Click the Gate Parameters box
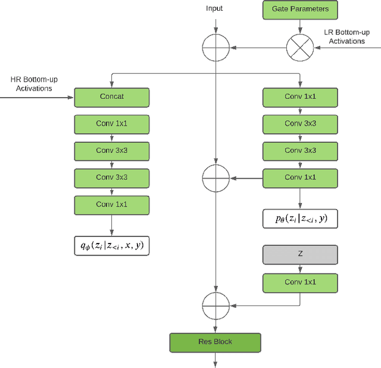coord(300,10)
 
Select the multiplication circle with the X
coord(300,46)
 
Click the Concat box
coord(111,97)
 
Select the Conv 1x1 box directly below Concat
coord(111,124)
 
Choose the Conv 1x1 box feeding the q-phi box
coord(111,204)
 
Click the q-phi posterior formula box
coord(111,244)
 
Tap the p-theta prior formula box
coord(300,218)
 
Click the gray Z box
coord(300,255)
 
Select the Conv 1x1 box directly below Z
coord(300,282)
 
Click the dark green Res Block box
coord(215,342)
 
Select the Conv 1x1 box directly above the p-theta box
coord(300,177)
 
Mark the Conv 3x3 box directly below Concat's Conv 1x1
coord(111,151)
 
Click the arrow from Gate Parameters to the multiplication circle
coord(300,25)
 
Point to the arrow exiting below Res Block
coord(216,360)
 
